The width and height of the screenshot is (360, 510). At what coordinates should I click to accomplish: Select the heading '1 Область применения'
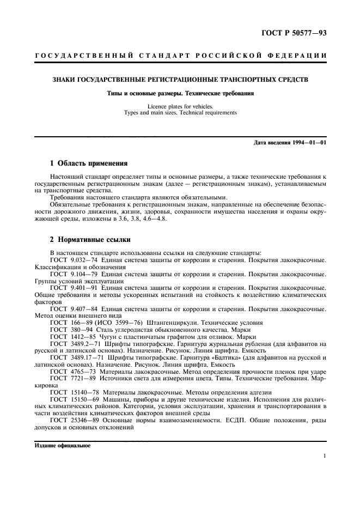pos(89,163)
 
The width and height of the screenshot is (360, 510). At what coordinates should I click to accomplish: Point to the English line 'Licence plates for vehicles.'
pos(180,106)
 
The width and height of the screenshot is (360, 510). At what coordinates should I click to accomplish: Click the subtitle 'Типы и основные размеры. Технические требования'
pos(180,93)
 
